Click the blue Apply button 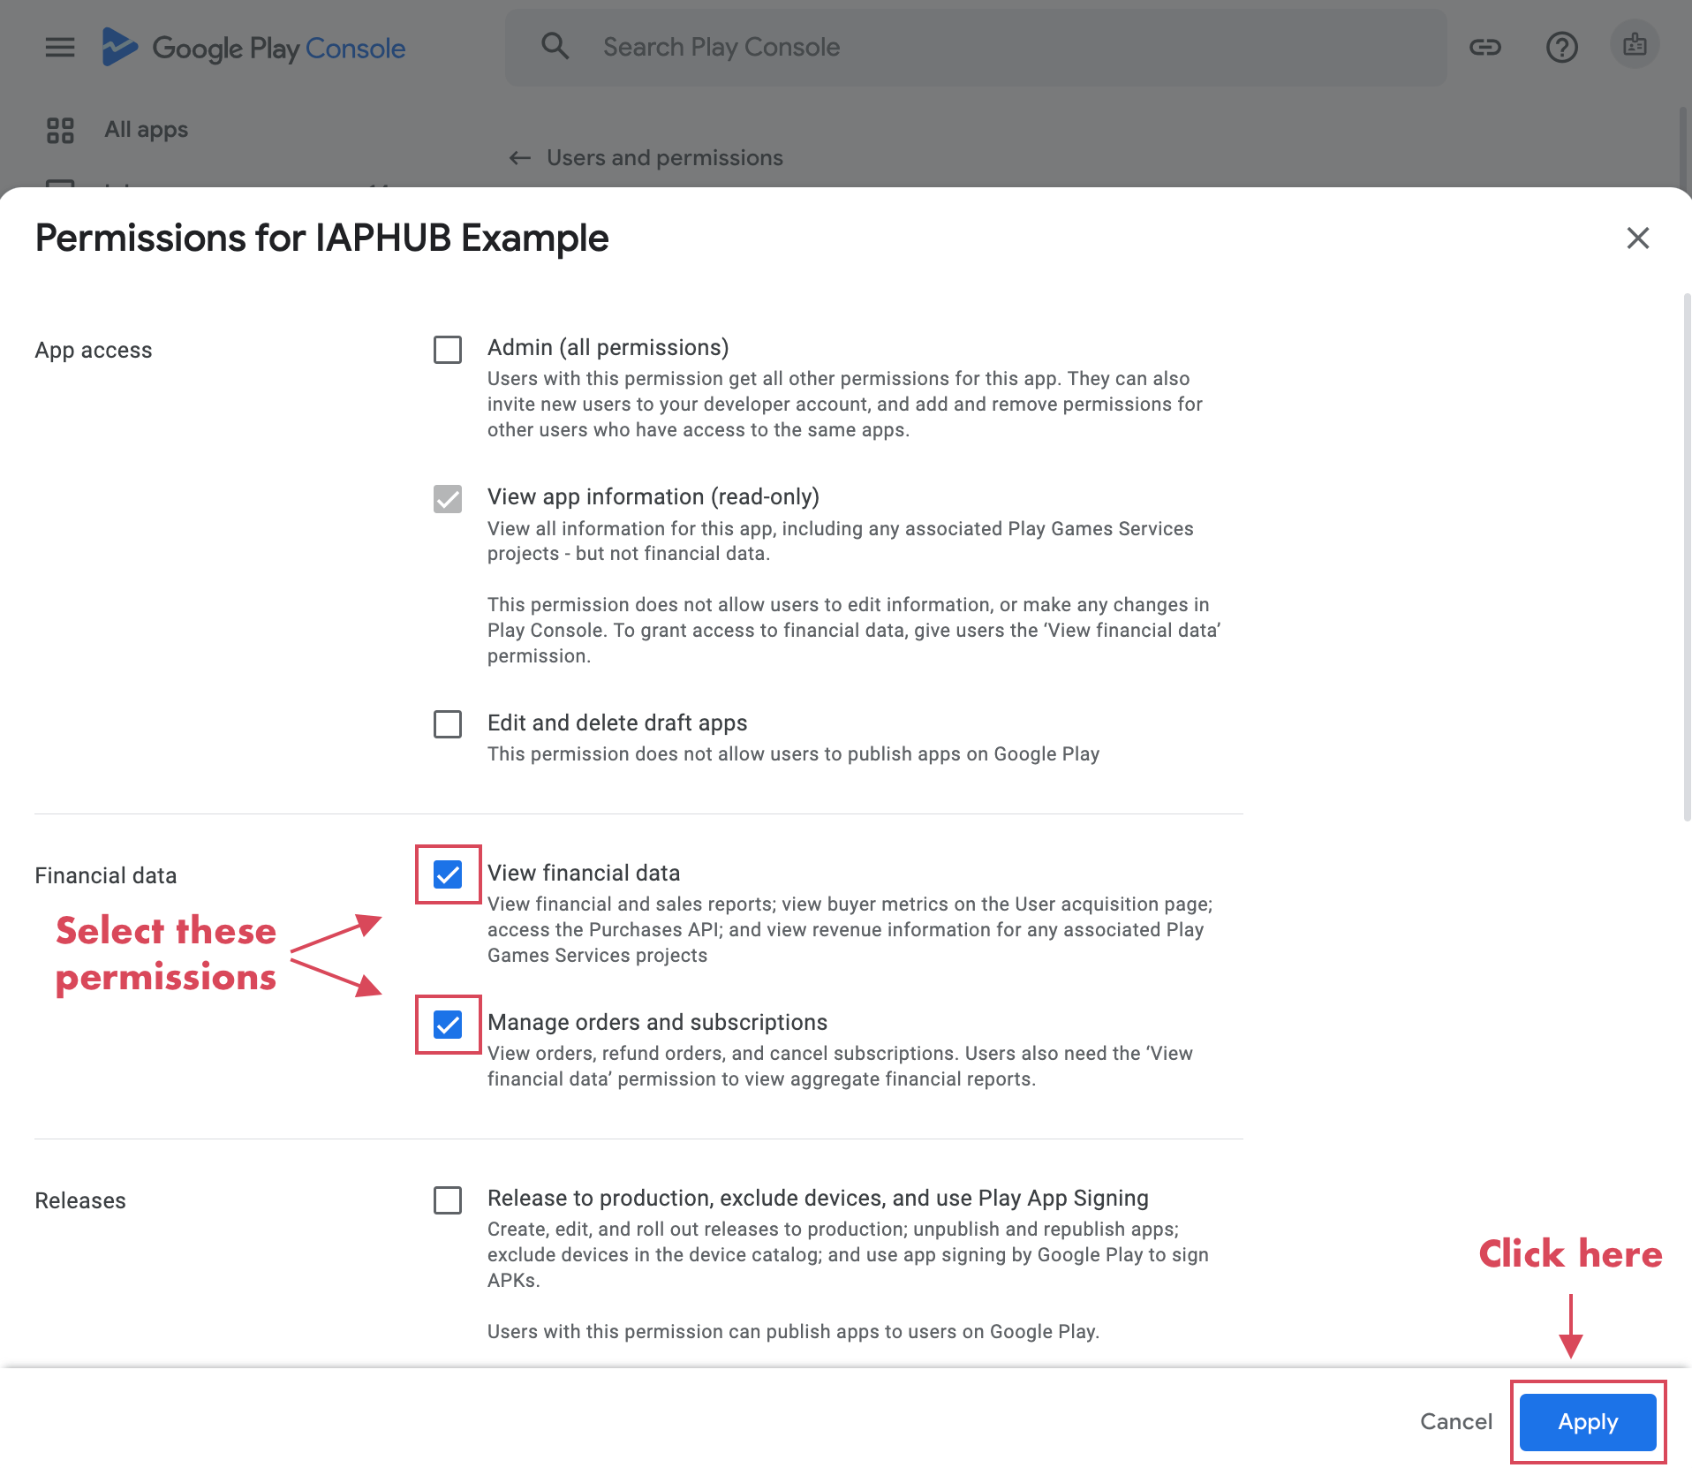[1588, 1421]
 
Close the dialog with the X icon [1638, 238]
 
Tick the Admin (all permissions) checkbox [448, 350]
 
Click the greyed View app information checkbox [448, 499]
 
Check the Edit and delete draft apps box [448, 724]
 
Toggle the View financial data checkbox [448, 874]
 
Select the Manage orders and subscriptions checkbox [448, 1025]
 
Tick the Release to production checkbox [448, 1200]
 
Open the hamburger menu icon [60, 47]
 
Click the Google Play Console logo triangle [119, 47]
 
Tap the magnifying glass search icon [555, 46]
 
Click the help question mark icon [1561, 47]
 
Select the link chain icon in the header [1485, 47]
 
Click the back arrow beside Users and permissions [520, 158]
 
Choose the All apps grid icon [60, 131]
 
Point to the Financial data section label [106, 875]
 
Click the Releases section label [80, 1200]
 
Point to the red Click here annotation [1570, 1254]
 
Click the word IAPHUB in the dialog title [383, 238]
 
